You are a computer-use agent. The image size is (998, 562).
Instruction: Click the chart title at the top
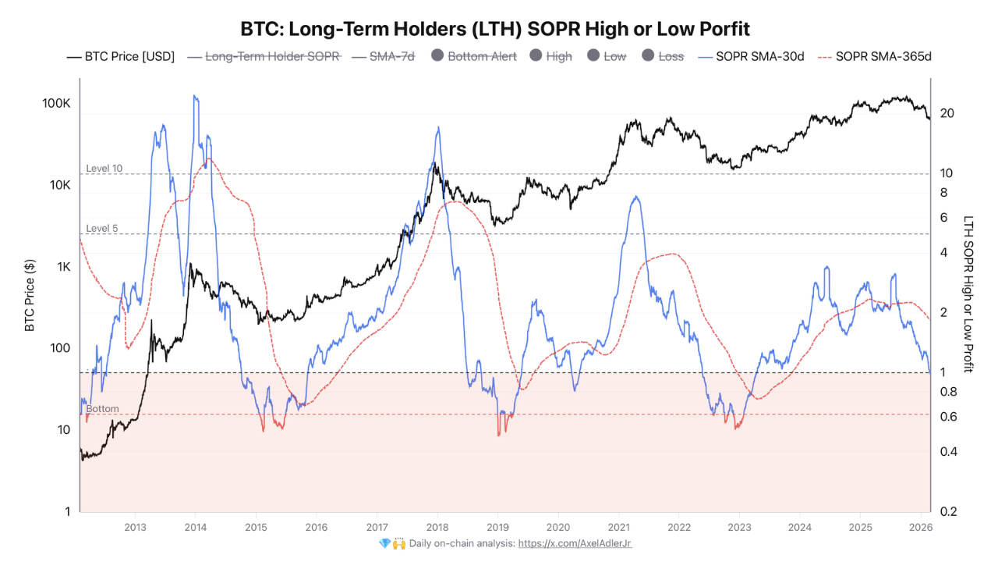(495, 29)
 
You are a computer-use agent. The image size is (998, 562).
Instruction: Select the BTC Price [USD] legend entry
(121, 56)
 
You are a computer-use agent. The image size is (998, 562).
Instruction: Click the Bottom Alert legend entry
(473, 56)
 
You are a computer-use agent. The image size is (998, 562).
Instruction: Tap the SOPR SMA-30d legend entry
(754, 56)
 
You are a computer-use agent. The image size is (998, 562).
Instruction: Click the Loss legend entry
(663, 56)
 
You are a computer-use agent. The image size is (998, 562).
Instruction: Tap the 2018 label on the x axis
(437, 527)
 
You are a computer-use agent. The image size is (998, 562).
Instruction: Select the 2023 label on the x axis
(738, 527)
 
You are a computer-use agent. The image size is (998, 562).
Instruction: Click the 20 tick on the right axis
(947, 113)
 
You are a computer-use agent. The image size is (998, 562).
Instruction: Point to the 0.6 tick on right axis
(947, 417)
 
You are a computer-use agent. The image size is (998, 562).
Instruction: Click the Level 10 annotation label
(104, 169)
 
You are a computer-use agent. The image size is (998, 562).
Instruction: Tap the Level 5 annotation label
(102, 229)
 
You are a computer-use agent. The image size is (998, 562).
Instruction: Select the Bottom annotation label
(102, 409)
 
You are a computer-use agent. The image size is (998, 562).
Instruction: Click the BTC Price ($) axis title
(30, 294)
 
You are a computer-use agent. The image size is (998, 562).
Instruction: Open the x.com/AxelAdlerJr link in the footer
(575, 543)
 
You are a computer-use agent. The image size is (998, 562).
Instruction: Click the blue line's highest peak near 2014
(195, 96)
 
